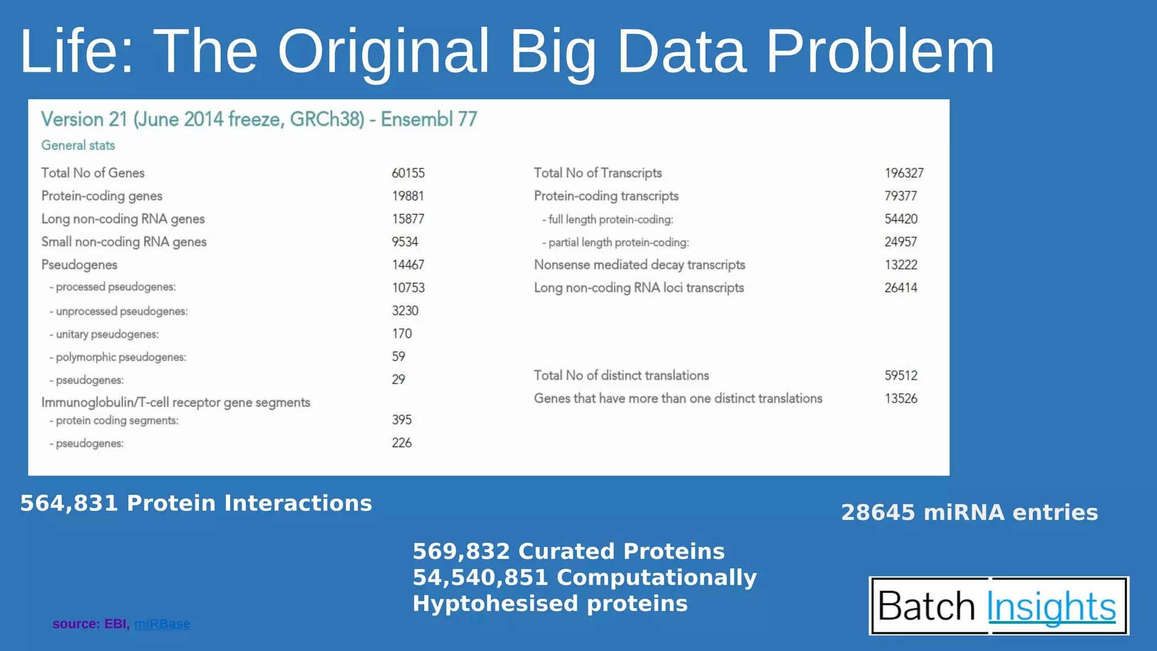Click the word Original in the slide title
[x=383, y=52]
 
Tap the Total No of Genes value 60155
[x=408, y=173]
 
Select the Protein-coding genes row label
[x=102, y=196]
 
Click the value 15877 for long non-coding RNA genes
[x=408, y=219]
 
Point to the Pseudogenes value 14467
[x=408, y=264]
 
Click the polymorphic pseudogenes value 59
[x=398, y=357]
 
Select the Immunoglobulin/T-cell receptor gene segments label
[x=176, y=402]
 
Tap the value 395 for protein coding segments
[x=402, y=420]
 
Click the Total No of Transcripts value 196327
[x=904, y=173]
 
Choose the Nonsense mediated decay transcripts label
[x=640, y=264]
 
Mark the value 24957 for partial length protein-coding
[x=901, y=242]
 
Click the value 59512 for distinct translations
[x=901, y=375]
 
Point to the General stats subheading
[x=78, y=145]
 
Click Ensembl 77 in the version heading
[x=429, y=119]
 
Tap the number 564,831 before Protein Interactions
[x=69, y=503]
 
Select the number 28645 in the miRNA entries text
[x=877, y=513]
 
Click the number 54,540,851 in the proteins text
[x=480, y=578]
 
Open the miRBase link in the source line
[x=162, y=624]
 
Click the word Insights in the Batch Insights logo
[x=1051, y=606]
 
